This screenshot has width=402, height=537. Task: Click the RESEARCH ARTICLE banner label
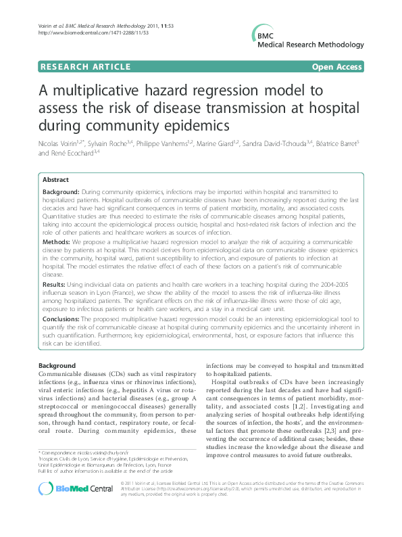[85, 66]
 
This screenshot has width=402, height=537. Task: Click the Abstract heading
[55, 180]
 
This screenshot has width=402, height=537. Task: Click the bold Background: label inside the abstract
[62, 193]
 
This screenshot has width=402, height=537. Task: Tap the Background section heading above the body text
[57, 366]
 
